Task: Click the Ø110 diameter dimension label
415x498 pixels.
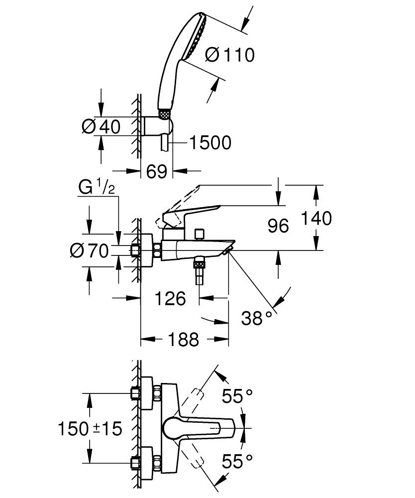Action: (229, 55)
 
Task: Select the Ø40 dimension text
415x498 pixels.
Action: (101, 127)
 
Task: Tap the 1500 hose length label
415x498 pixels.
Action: (210, 143)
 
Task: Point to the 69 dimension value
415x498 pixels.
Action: (156, 172)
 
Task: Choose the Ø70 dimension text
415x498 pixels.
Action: (89, 251)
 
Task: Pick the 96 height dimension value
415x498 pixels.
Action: (278, 226)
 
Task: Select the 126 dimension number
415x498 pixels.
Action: (169, 299)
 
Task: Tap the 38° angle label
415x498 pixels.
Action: (257, 317)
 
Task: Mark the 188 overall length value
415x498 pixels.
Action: (182, 340)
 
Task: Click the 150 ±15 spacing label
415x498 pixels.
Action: (90, 428)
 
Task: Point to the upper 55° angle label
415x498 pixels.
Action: (237, 396)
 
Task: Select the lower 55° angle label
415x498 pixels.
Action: (237, 462)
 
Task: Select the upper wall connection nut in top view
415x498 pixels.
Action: (135, 393)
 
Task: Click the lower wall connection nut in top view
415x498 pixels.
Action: (135, 462)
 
